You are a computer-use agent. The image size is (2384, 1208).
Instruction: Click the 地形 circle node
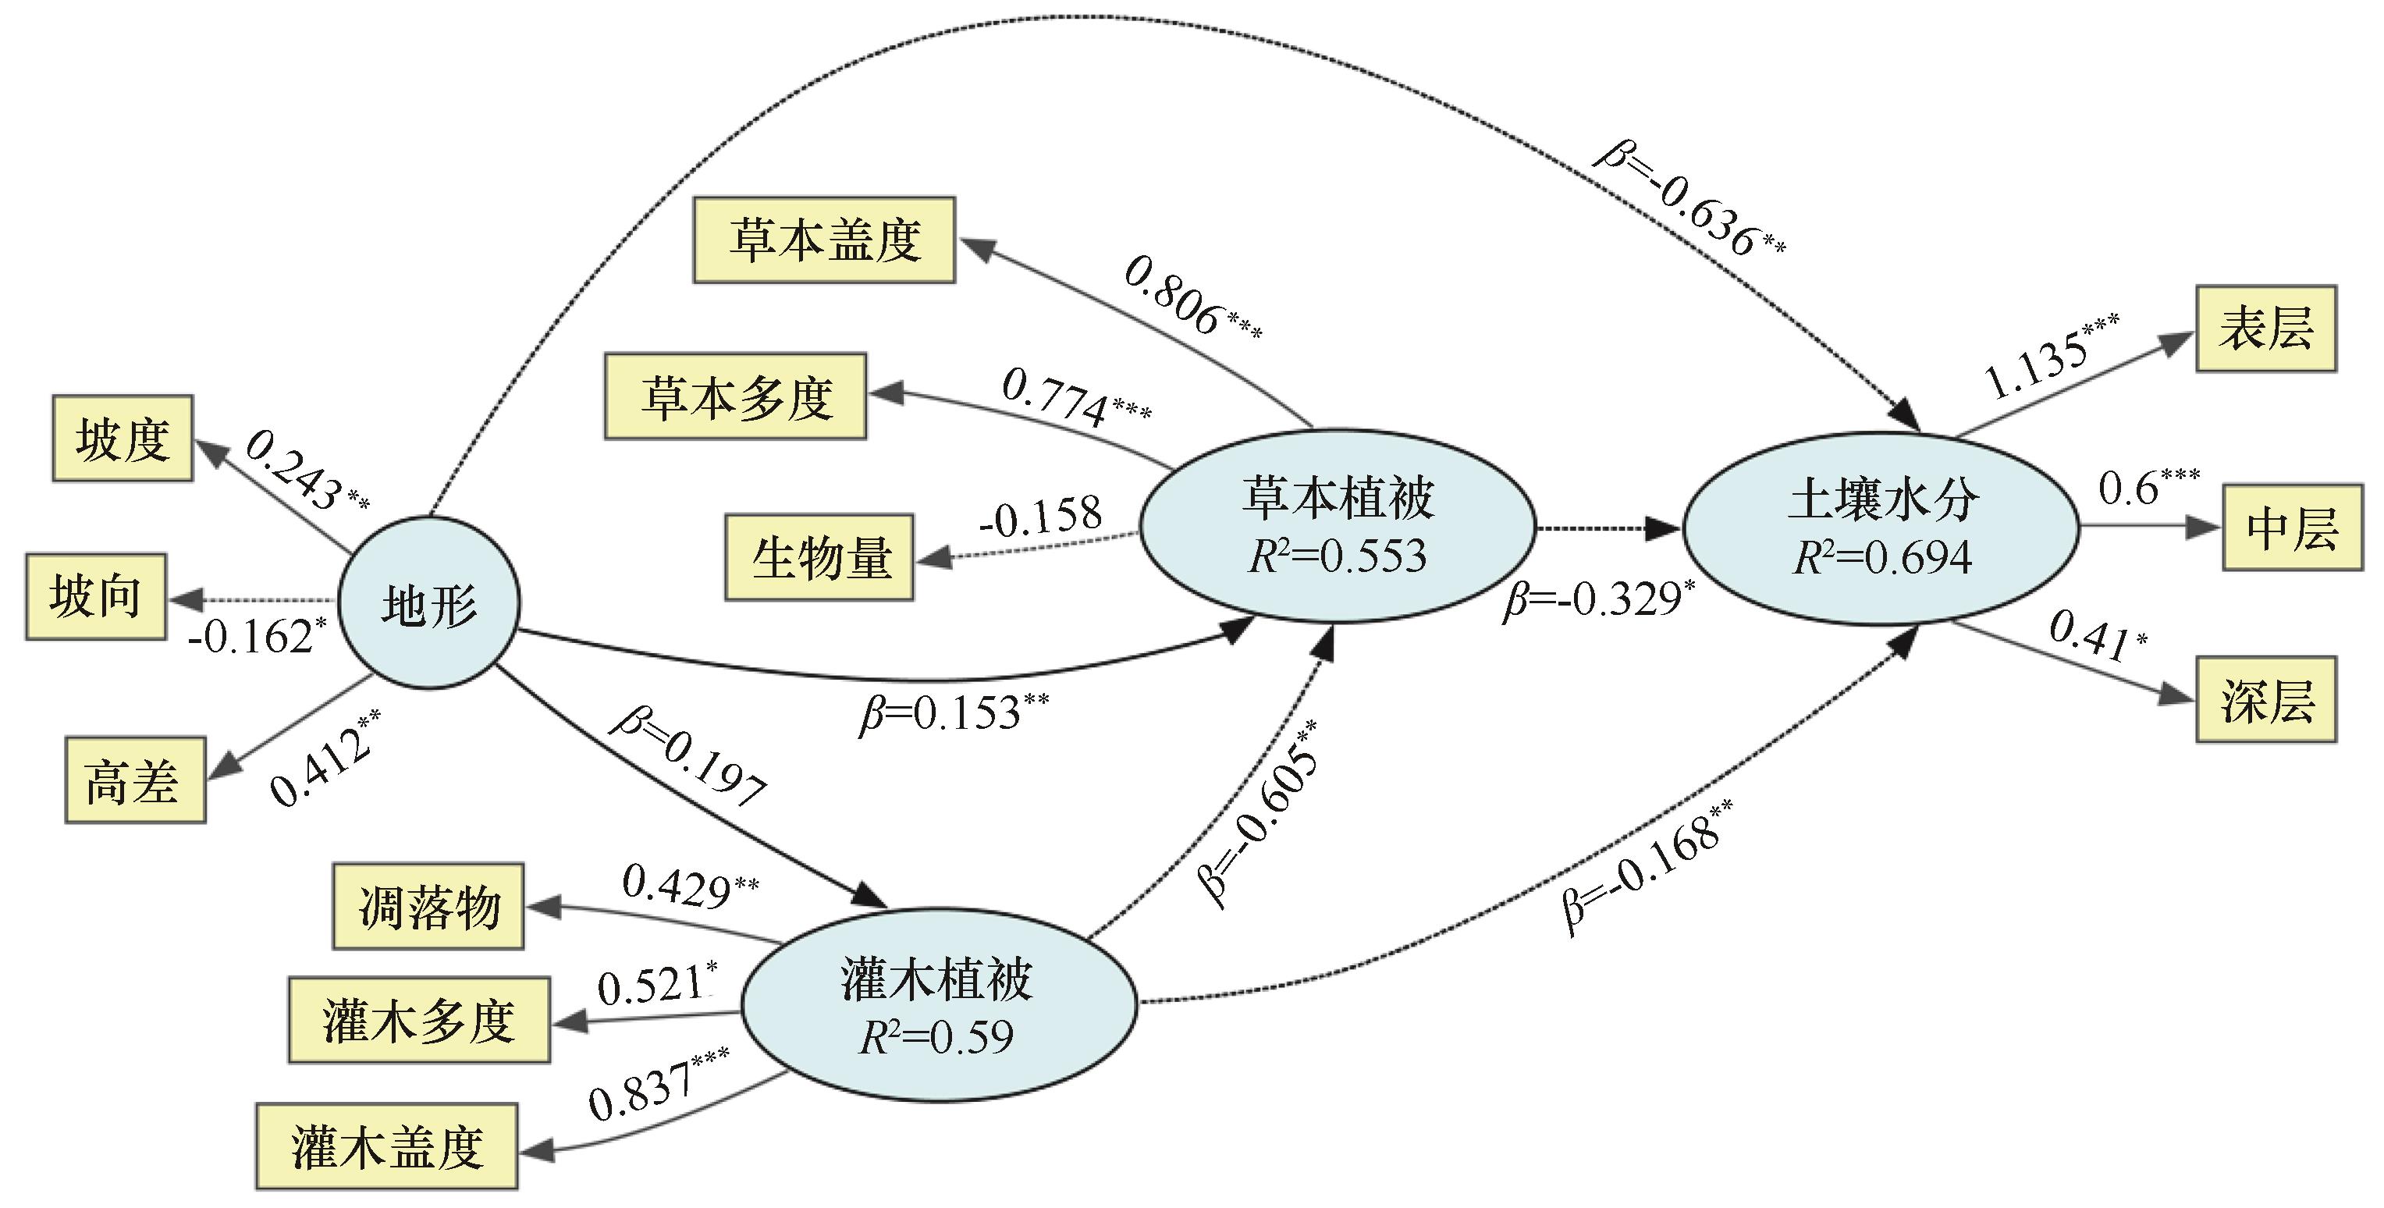click(x=429, y=602)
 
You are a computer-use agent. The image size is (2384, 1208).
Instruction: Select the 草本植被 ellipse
click(x=1338, y=525)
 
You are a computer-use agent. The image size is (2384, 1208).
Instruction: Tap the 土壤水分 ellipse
click(x=1881, y=528)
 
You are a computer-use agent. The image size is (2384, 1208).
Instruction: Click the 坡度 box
click(x=123, y=438)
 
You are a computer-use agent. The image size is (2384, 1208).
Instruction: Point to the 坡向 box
click(x=96, y=596)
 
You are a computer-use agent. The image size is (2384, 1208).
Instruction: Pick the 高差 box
click(x=135, y=780)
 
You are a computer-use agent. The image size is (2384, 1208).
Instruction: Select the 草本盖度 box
click(x=823, y=240)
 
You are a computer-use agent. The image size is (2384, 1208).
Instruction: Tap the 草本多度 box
click(x=736, y=396)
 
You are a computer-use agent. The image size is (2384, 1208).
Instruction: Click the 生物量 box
click(x=819, y=557)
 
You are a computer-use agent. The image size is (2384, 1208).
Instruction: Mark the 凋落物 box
click(x=428, y=906)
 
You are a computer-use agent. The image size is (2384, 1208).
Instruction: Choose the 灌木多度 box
click(x=419, y=1019)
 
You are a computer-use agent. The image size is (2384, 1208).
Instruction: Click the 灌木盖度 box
click(x=387, y=1146)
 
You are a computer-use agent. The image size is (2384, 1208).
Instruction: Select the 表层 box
click(x=2265, y=329)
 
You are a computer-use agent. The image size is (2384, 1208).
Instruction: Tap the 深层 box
click(x=2265, y=700)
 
